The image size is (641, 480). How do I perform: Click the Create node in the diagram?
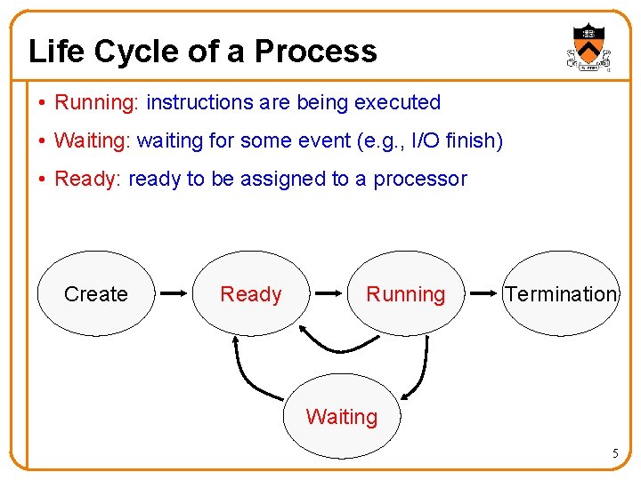point(95,293)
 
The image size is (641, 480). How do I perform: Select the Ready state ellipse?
point(250,293)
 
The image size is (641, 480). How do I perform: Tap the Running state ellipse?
point(405,293)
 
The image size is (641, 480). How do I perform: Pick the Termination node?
point(561,293)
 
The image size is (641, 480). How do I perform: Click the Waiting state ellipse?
point(342,416)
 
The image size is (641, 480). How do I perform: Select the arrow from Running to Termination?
point(485,292)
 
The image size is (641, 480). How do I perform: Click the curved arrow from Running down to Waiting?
point(419,369)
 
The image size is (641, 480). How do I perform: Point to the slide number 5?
point(614,454)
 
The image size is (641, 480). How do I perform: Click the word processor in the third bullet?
point(419,179)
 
